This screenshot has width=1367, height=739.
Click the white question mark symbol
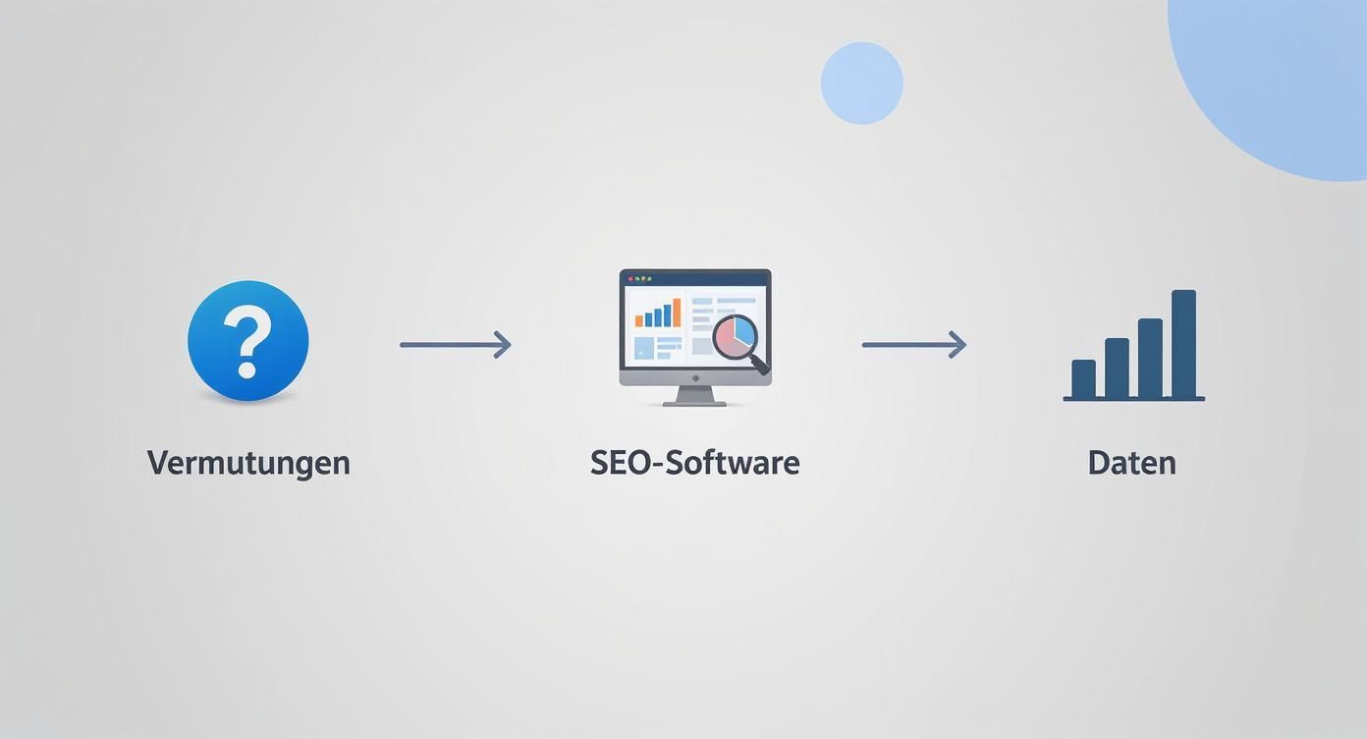tap(247, 340)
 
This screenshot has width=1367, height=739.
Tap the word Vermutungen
tap(248, 462)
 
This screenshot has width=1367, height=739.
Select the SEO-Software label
tap(694, 462)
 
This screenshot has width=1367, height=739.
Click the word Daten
tap(1131, 462)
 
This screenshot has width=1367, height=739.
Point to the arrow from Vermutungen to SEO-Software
tap(455, 345)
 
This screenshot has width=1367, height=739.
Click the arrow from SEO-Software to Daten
tap(913, 345)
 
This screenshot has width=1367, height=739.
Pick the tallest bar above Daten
tap(1183, 343)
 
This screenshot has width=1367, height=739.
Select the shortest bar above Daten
tap(1083, 378)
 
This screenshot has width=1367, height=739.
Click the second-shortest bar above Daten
tap(1117, 368)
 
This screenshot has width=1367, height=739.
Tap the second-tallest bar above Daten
tap(1150, 358)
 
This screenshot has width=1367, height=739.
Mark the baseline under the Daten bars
tap(1133, 399)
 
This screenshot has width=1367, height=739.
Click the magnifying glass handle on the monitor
tap(760, 367)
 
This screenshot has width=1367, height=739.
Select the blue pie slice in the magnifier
tap(746, 331)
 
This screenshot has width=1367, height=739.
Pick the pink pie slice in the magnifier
tap(728, 339)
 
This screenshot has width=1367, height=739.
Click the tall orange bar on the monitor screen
tap(677, 313)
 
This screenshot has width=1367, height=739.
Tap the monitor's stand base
tap(694, 402)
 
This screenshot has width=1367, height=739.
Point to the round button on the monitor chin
tap(694, 377)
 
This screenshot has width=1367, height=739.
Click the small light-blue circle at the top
tap(861, 84)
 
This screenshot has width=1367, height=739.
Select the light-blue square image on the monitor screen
tap(644, 348)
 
